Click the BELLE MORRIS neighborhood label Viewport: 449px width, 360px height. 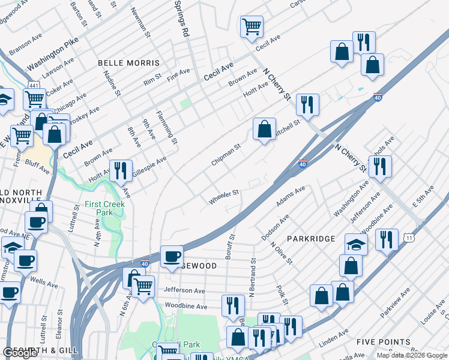click(129, 63)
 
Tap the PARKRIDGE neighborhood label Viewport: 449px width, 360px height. click(311, 239)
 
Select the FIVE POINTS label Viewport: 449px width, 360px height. click(383, 342)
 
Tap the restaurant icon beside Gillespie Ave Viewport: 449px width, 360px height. click(121, 170)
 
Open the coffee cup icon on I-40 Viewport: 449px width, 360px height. click(172, 256)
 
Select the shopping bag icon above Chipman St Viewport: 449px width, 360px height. click(264, 128)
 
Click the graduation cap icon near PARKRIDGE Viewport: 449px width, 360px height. click(356, 244)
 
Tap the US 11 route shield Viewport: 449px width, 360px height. click(409, 238)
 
